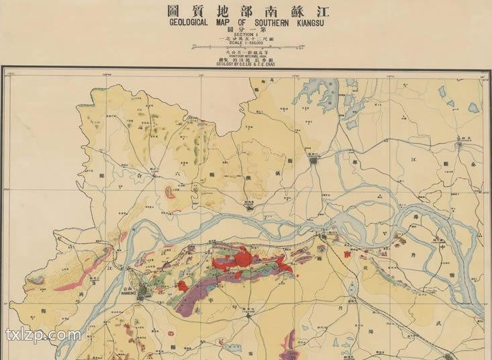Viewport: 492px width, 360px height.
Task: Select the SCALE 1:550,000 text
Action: [x=246, y=44]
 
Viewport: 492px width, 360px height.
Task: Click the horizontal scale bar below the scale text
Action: [x=246, y=48]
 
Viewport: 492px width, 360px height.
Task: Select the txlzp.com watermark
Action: [x=43, y=334]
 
